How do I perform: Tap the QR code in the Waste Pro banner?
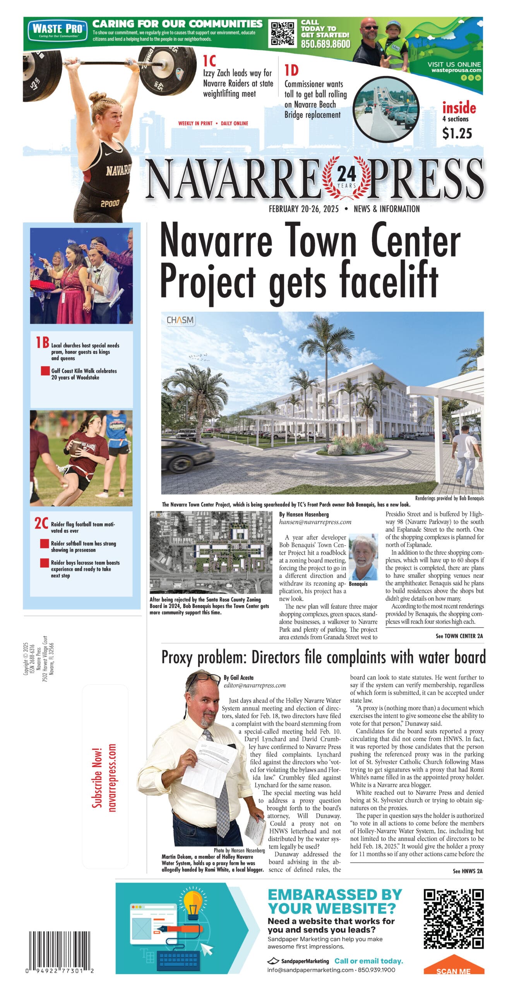(x=283, y=34)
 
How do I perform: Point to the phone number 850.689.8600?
(x=325, y=44)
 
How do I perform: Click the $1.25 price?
(x=457, y=134)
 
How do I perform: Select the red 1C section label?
(x=209, y=61)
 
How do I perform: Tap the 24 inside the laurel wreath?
(x=346, y=174)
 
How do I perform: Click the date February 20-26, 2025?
(x=304, y=209)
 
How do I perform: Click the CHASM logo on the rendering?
(x=180, y=321)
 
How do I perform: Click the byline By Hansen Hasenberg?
(x=304, y=515)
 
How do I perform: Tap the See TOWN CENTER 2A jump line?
(x=459, y=636)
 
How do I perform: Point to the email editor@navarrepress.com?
(x=255, y=686)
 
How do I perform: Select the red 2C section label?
(x=41, y=524)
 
